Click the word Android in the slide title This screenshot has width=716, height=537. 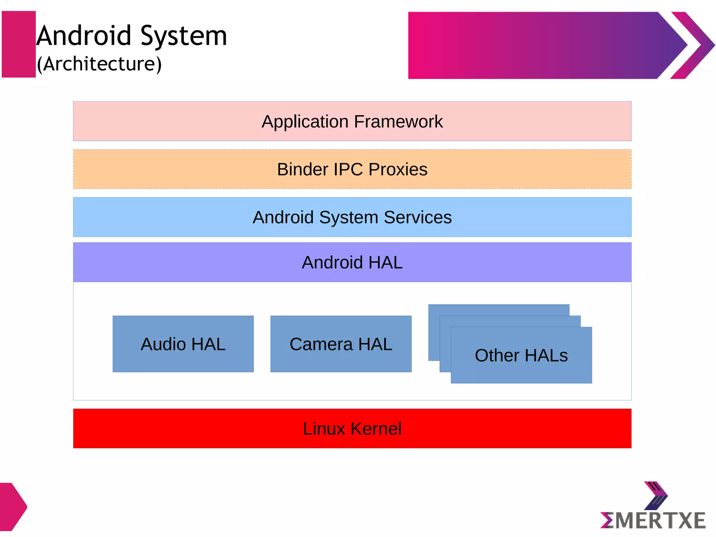(84, 36)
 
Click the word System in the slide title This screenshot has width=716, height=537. (184, 36)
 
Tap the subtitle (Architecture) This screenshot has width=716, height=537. (99, 64)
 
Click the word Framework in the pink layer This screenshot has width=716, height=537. (398, 122)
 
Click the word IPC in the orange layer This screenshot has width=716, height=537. (348, 170)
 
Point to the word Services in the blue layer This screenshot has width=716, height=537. (418, 217)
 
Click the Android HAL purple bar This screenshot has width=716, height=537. (352, 262)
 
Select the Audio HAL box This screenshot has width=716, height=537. (183, 344)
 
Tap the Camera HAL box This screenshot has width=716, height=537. (341, 344)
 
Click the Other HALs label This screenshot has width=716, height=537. (521, 356)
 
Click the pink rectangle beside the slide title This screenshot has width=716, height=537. (19, 44)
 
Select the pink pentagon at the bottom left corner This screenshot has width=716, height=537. (12, 507)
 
